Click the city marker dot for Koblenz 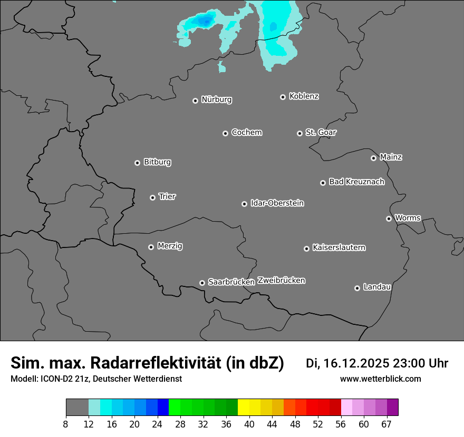283,97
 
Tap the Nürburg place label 216,100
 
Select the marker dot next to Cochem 225,133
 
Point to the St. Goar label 321,133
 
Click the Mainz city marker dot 373,158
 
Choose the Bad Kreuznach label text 356,182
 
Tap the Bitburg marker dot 137,163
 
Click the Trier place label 167,197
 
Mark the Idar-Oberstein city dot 244,204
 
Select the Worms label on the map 408,218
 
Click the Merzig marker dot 151,247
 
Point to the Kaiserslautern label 339,248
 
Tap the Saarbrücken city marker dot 202,283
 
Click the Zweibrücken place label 281,281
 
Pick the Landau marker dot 357,288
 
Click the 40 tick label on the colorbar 249,424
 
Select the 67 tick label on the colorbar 386,424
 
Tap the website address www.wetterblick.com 380,379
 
